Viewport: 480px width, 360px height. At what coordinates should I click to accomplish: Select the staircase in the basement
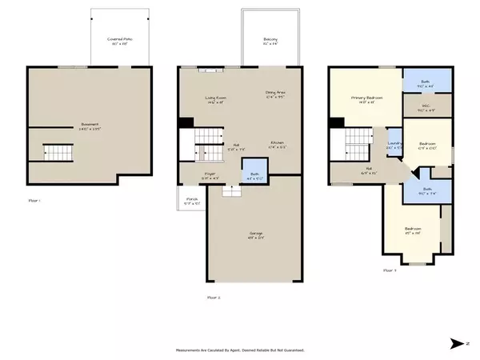[58, 150]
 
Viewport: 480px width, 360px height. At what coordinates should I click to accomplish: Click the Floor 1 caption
[34, 200]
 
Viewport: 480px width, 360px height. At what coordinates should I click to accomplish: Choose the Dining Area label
[277, 94]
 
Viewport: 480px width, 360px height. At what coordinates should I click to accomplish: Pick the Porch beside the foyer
[190, 202]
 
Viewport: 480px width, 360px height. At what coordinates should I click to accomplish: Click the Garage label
[255, 234]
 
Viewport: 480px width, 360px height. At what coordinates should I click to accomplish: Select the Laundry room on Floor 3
[394, 145]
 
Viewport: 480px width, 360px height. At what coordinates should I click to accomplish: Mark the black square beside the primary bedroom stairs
[337, 122]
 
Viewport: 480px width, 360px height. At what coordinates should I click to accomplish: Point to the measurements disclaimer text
[239, 350]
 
